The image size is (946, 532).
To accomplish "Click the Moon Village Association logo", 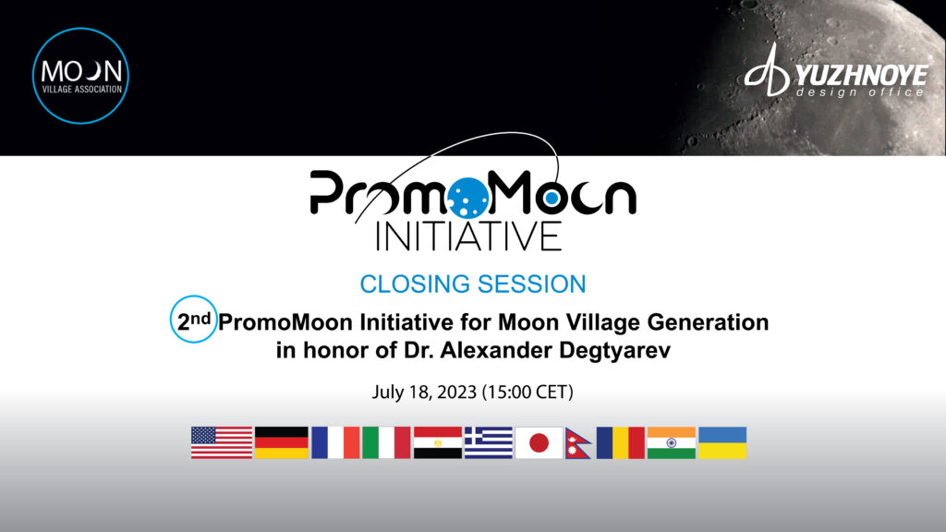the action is point(80,76).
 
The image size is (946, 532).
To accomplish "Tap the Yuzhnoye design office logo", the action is point(836,70).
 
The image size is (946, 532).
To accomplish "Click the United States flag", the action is point(222,442).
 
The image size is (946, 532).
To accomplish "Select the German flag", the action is point(282,442).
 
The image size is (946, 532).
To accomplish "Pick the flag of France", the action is point(335,442).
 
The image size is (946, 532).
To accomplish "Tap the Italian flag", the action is point(386,442).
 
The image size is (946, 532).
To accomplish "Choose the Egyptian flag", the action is point(437,442).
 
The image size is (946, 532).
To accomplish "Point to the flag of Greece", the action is point(489,442).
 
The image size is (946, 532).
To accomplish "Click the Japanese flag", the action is point(539,442).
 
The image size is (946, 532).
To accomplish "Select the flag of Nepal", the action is point(576,444).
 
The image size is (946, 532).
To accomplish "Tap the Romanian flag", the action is point(620,442).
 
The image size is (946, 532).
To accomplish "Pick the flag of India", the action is point(672,442).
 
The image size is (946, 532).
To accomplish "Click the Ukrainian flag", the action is point(722,442).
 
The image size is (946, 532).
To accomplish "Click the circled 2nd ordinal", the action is point(194,320).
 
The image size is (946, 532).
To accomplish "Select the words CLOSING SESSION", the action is point(473,284).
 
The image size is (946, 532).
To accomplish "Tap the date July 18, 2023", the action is point(425,392).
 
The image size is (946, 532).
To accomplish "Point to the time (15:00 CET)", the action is point(528,392).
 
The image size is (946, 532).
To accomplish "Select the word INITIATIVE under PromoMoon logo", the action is point(468,236).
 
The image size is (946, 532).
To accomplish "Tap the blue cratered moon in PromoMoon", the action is point(468,198).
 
